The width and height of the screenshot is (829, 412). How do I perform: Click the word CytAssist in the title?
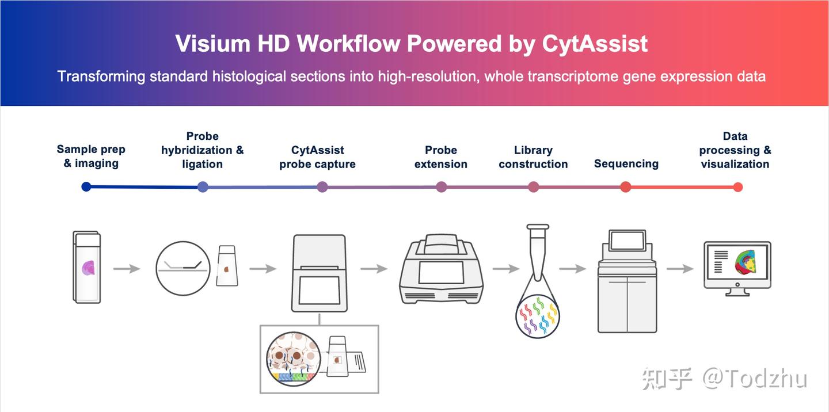(595, 44)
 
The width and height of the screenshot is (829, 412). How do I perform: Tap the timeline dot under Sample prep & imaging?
(86, 186)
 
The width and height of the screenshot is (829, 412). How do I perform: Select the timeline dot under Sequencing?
(626, 186)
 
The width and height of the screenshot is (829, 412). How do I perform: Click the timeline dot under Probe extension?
(442, 186)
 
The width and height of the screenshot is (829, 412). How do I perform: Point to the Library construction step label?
(533, 157)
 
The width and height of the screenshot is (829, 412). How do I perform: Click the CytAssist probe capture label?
(317, 157)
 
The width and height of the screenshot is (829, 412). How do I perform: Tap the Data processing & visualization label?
(735, 150)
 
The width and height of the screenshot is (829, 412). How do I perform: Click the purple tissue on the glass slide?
(89, 268)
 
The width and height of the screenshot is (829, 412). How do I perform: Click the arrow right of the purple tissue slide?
(126, 269)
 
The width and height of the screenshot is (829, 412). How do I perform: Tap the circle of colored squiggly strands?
(537, 315)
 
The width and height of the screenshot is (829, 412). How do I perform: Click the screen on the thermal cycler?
(441, 272)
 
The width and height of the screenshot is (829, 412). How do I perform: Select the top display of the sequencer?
(628, 240)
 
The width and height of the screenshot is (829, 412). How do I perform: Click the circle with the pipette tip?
(181, 268)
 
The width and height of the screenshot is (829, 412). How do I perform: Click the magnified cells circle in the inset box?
(292, 359)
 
